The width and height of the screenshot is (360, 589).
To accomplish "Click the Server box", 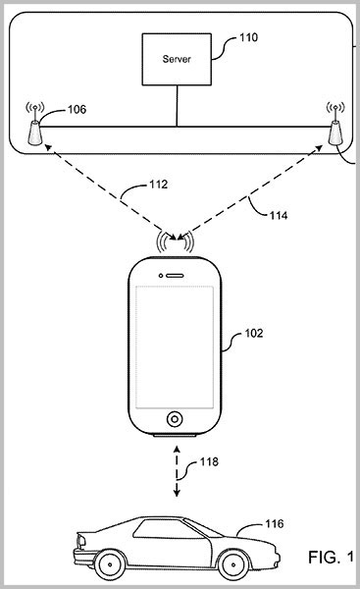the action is [x=177, y=59].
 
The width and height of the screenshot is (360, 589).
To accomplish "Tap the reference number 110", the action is [x=248, y=37].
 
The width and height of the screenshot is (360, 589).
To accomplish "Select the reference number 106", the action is [x=77, y=109].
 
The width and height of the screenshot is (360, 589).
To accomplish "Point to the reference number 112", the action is [x=158, y=185].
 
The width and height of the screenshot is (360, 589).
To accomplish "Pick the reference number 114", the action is [x=279, y=215].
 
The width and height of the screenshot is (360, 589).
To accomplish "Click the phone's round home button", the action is [x=175, y=418].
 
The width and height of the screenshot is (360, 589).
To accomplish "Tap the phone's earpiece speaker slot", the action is [x=175, y=276].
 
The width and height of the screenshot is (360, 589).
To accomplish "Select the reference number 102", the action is [x=254, y=333].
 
